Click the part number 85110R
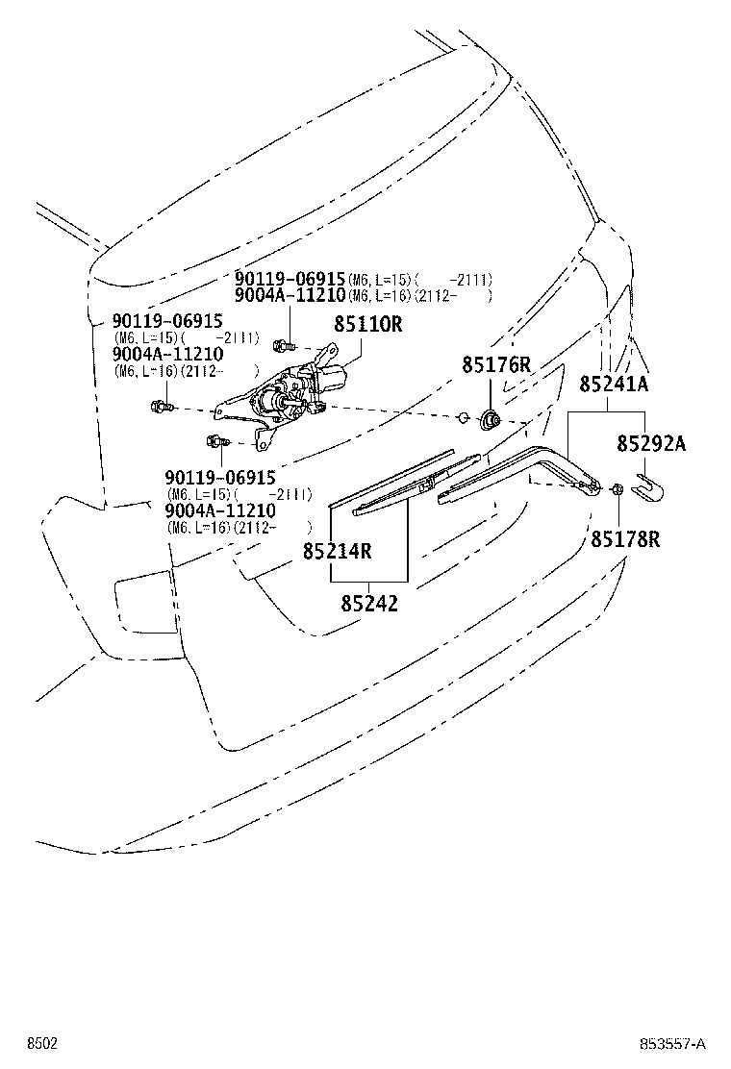pyautogui.click(x=367, y=324)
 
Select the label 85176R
pyautogui.click(x=495, y=364)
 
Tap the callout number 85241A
pyautogui.click(x=614, y=384)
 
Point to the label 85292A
pyautogui.click(x=651, y=444)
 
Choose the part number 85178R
pyautogui.click(x=625, y=539)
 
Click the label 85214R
pyautogui.click(x=337, y=550)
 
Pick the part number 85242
pyautogui.click(x=369, y=604)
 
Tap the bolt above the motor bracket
pyautogui.click(x=283, y=346)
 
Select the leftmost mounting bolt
pyautogui.click(x=161, y=407)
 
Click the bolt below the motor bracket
pyautogui.click(x=216, y=442)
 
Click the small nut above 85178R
pyautogui.click(x=618, y=488)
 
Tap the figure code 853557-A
pyautogui.click(x=672, y=1044)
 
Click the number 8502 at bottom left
pyautogui.click(x=42, y=1044)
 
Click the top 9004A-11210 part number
pyautogui.click(x=290, y=295)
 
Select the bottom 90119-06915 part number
pyautogui.click(x=220, y=477)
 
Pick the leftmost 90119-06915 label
pyautogui.click(x=167, y=320)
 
